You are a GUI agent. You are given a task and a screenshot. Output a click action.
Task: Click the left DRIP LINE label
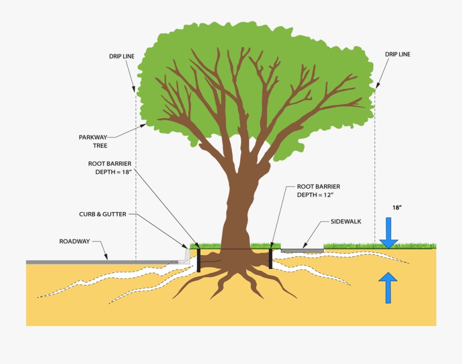point(122,56)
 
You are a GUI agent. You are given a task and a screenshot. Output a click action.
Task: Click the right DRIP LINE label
point(397,54)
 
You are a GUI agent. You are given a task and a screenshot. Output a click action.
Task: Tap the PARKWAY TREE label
point(93,141)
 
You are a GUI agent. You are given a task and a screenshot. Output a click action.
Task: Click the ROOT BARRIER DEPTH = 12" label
point(318,190)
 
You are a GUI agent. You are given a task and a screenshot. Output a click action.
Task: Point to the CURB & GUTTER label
point(103,214)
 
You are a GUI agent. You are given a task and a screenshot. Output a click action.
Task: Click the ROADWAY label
point(74,241)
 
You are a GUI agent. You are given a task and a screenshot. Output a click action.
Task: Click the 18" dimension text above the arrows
point(396,208)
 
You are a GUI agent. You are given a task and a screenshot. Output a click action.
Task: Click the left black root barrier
point(199,260)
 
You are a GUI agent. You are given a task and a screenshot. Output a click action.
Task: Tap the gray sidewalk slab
point(302,251)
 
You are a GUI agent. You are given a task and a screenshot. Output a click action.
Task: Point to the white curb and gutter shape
point(184,257)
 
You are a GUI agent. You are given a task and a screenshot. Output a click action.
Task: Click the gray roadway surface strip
point(98,262)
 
